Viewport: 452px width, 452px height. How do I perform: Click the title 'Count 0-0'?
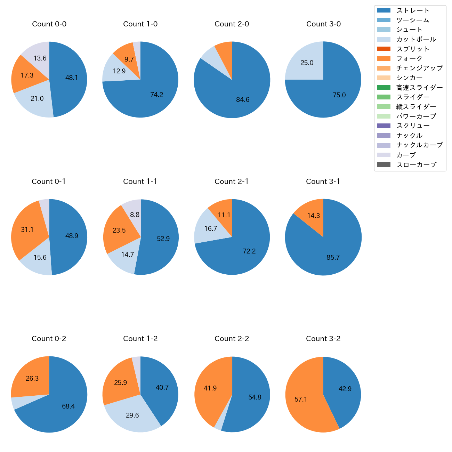(x=49, y=24)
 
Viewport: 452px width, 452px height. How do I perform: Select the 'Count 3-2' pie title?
(x=323, y=339)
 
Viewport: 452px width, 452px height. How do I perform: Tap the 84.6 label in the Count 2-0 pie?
(x=243, y=100)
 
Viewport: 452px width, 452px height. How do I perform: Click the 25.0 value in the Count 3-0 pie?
(x=307, y=63)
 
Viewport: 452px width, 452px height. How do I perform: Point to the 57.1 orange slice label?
(x=301, y=399)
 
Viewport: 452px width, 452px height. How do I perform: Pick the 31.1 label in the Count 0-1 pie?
(x=27, y=229)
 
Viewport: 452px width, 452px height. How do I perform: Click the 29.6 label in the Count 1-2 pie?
(x=132, y=415)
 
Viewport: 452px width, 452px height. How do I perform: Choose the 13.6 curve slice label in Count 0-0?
(x=40, y=58)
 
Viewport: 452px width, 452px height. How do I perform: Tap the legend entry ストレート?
(x=413, y=10)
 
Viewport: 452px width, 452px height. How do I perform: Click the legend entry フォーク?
(x=409, y=58)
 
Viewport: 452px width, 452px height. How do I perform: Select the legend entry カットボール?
(x=416, y=39)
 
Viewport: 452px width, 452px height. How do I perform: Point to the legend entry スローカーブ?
(x=416, y=165)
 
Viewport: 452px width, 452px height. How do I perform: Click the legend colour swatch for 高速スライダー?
(x=384, y=88)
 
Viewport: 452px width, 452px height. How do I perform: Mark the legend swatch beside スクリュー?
(x=384, y=126)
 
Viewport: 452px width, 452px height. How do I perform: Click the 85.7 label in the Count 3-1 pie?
(x=333, y=258)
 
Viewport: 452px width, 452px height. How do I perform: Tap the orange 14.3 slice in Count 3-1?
(x=313, y=216)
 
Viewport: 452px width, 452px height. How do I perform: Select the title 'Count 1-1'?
(x=140, y=181)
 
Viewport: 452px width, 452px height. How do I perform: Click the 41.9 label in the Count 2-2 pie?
(x=210, y=388)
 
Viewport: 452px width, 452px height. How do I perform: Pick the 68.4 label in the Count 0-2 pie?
(x=68, y=406)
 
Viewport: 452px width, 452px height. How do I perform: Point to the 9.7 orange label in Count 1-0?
(x=129, y=59)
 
